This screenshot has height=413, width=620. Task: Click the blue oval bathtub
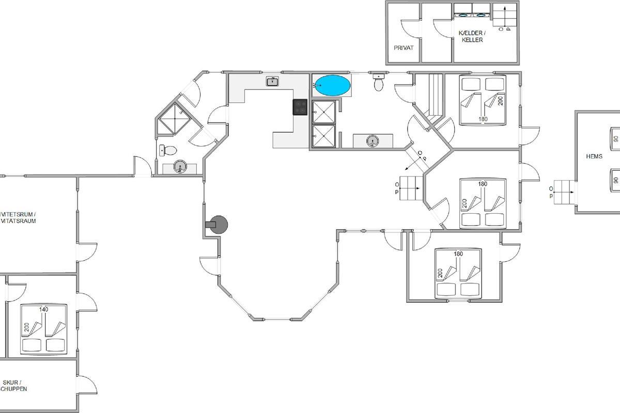coord(332,85)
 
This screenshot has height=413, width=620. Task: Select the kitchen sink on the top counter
coord(273,81)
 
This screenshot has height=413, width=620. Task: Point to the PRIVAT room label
coord(404,47)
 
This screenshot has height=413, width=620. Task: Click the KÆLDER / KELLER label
coord(471,36)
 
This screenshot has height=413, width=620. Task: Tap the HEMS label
coord(594,156)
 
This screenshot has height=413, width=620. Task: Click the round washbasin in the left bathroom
coord(179,166)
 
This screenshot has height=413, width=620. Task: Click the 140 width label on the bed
coord(43,309)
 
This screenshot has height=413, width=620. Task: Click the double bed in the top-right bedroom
coord(483,100)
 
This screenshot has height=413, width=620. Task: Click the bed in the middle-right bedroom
coord(483,203)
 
